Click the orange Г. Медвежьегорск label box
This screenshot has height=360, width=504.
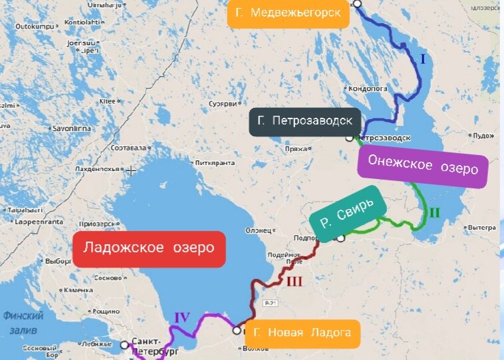click(x=288, y=13)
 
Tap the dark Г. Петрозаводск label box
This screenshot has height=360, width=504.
click(x=305, y=122)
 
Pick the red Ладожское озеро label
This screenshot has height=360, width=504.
click(x=149, y=248)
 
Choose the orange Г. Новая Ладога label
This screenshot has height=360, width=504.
click(x=302, y=333)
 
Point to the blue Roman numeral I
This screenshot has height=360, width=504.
click(x=422, y=59)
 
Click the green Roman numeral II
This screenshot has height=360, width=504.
click(x=434, y=213)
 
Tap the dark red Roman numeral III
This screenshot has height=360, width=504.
click(x=294, y=281)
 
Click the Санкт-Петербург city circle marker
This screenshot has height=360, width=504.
click(x=124, y=345)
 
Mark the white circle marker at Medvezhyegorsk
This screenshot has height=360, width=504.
click(x=357, y=3)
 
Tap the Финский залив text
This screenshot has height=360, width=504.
click(x=23, y=323)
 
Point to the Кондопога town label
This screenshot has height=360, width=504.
click(x=363, y=87)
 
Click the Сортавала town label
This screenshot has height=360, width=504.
click(x=128, y=146)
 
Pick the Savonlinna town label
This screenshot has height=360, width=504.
click(x=71, y=126)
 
